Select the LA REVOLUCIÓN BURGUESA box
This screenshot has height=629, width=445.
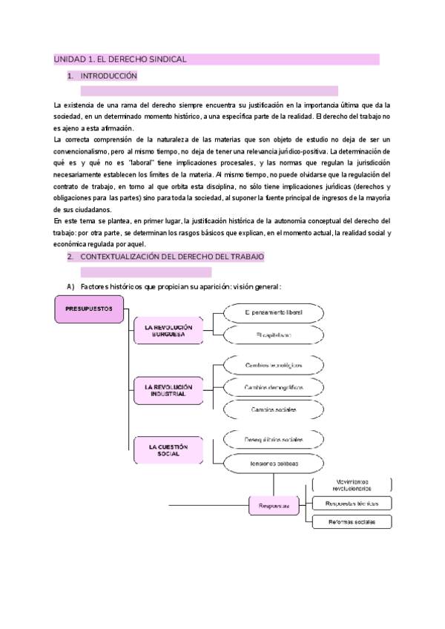[x=168, y=331]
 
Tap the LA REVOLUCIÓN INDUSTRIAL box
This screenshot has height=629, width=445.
[x=168, y=391]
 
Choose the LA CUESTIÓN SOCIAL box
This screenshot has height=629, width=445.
[x=168, y=450]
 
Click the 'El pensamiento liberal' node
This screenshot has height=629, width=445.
[x=273, y=313]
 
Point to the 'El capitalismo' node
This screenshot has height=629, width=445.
[x=273, y=335]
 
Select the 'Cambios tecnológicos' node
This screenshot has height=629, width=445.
[x=273, y=366]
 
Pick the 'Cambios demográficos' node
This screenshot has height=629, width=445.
[x=273, y=388]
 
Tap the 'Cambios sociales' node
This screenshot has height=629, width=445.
[x=273, y=409]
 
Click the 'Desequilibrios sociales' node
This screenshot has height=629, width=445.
[x=273, y=440]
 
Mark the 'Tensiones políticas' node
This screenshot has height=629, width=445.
[x=273, y=462]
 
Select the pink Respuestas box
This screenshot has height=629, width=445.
[x=274, y=506]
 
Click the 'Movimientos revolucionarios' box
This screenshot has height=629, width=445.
[x=352, y=485]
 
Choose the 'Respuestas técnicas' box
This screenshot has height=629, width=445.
[x=352, y=504]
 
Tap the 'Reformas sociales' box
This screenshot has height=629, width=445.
[x=352, y=521]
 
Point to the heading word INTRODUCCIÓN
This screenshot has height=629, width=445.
[x=109, y=76]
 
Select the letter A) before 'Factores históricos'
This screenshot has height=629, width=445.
[x=70, y=287]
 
